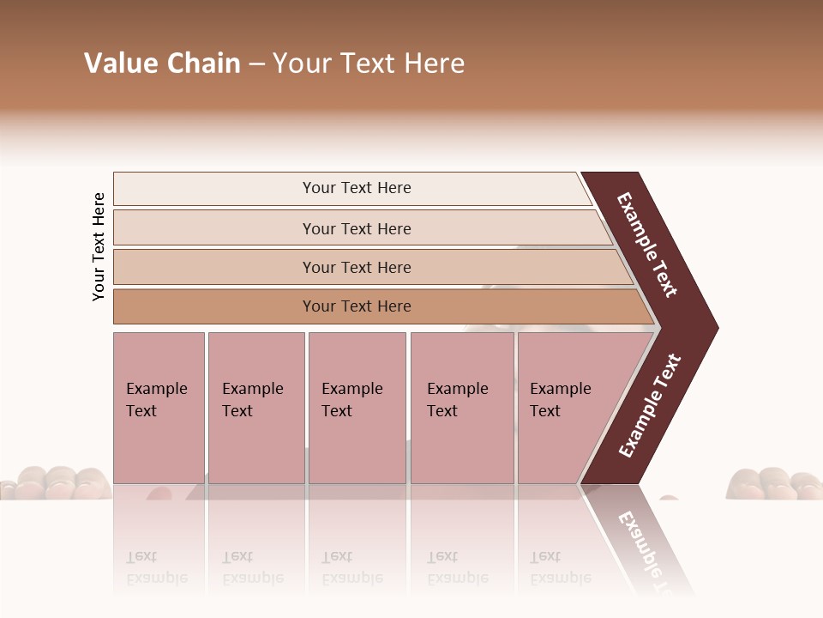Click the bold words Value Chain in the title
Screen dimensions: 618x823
[x=162, y=64]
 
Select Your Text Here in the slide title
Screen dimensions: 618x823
[x=369, y=64]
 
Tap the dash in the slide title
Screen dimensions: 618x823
[x=256, y=64]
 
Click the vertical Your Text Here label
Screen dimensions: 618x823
[x=99, y=246]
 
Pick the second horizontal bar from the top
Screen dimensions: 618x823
[x=357, y=228]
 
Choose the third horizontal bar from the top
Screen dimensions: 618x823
[x=357, y=267]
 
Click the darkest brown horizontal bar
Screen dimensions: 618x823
[x=357, y=306]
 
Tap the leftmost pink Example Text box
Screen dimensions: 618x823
[x=159, y=407]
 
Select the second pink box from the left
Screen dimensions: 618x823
[x=255, y=407]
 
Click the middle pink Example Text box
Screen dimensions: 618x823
[x=357, y=407]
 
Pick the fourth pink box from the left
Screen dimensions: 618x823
[x=462, y=407]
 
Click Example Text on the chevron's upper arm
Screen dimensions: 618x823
[x=647, y=245]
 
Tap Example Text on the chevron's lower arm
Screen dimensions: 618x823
[x=650, y=406]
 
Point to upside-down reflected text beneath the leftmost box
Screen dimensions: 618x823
[x=157, y=567]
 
